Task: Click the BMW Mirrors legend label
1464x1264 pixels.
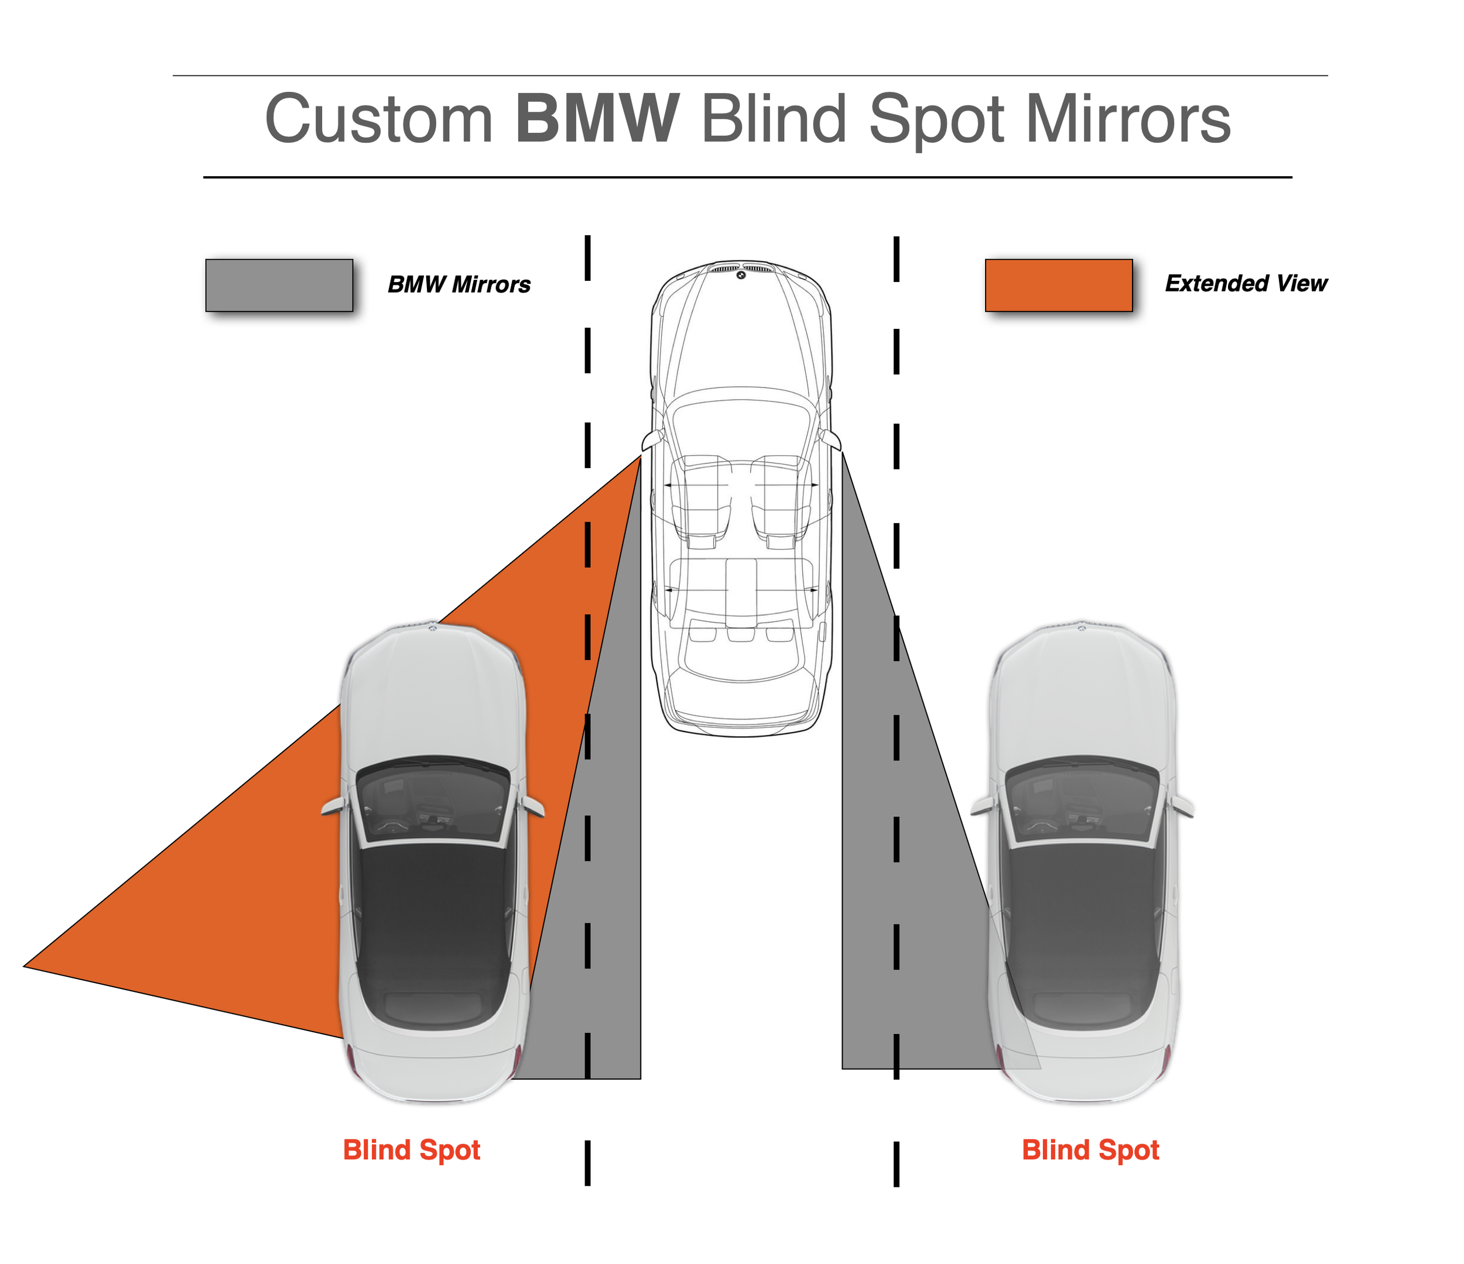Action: [x=459, y=284]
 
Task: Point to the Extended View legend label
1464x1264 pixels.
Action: [x=1246, y=283]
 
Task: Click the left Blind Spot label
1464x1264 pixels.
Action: [x=411, y=1150]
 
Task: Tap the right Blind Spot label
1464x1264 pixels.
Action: [x=1090, y=1150]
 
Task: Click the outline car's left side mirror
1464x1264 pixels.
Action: [x=651, y=441]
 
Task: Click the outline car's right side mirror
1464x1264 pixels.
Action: [x=832, y=439]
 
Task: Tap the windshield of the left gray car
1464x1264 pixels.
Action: [x=432, y=802]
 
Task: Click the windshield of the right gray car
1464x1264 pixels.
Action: [x=1082, y=802]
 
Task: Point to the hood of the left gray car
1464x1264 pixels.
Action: [x=432, y=692]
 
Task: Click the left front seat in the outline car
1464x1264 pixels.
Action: [x=699, y=494]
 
